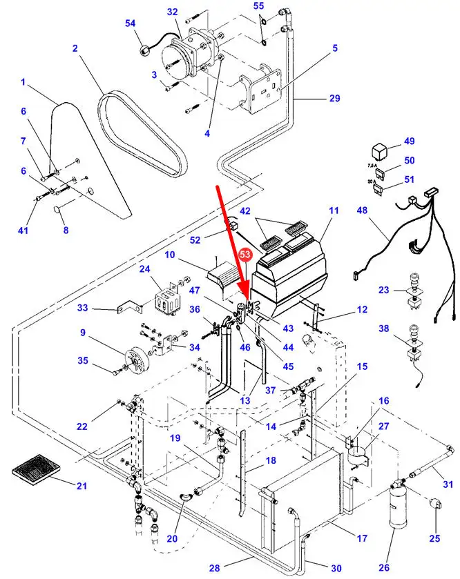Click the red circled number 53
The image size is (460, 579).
(245, 255)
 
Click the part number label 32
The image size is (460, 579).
(172, 12)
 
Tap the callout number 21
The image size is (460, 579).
(82, 487)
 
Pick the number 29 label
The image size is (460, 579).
(334, 99)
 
